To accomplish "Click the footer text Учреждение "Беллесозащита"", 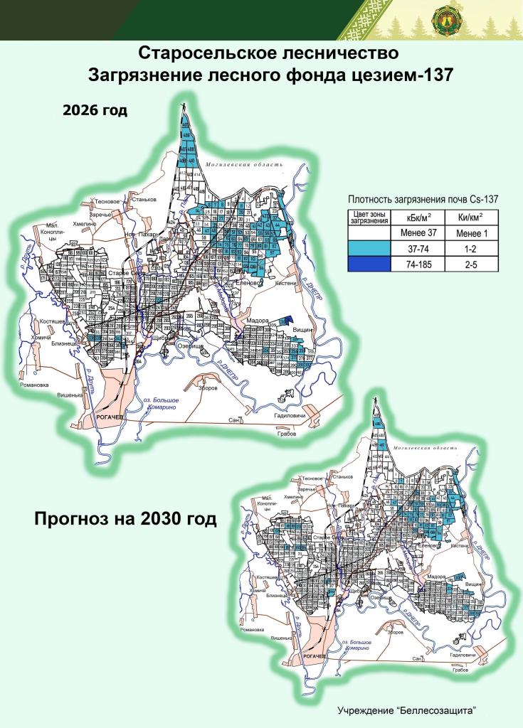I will click(406, 710).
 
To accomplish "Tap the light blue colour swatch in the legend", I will click(371, 248).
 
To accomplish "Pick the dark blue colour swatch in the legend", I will click(371, 264).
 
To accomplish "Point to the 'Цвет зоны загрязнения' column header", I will click(371, 218).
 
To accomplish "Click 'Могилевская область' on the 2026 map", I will click(243, 165).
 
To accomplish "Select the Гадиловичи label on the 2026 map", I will click(289, 415).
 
